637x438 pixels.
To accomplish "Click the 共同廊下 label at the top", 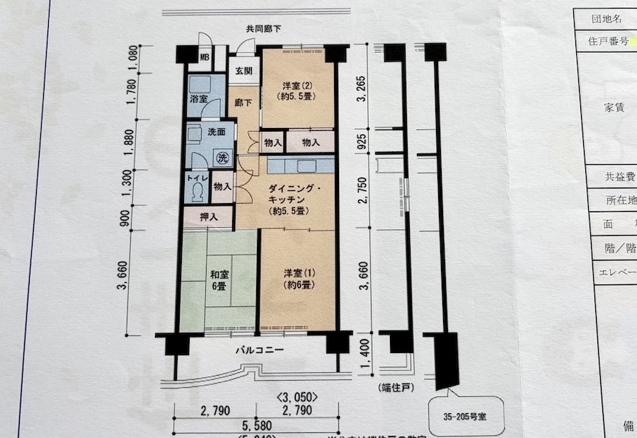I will [x=263, y=30].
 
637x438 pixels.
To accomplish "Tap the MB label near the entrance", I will [x=204, y=57].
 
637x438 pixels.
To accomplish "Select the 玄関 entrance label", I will [x=243, y=71].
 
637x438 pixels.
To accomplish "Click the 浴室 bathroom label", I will [x=198, y=99].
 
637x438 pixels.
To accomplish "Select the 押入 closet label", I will [x=208, y=217].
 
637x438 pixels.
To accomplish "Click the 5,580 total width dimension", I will [x=257, y=425].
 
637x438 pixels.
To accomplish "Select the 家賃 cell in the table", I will [x=613, y=107].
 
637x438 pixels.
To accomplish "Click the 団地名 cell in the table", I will [x=608, y=18].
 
